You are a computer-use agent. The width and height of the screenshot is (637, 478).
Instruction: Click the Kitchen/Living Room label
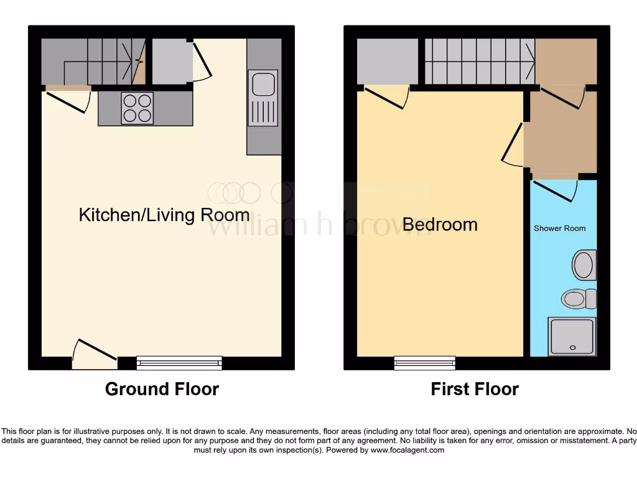coord(164,215)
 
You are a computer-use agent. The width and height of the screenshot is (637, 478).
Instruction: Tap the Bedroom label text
coord(440,224)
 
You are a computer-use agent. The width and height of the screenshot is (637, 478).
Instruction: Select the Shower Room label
coord(559,228)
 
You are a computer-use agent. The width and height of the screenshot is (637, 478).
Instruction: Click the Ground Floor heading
coord(162,389)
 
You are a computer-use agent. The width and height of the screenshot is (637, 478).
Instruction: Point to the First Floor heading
coord(475,389)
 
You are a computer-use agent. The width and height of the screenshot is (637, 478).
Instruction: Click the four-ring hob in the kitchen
coord(137,108)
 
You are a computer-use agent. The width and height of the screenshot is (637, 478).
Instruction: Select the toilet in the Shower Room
coord(578,299)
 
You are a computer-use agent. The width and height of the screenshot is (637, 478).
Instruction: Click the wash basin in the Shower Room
coord(584,265)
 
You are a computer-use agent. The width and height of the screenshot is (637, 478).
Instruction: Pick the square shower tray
coord(572,336)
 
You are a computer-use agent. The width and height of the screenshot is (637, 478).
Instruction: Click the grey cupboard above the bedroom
coord(387,61)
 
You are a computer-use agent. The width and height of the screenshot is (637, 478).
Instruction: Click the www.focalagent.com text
coord(408,450)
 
